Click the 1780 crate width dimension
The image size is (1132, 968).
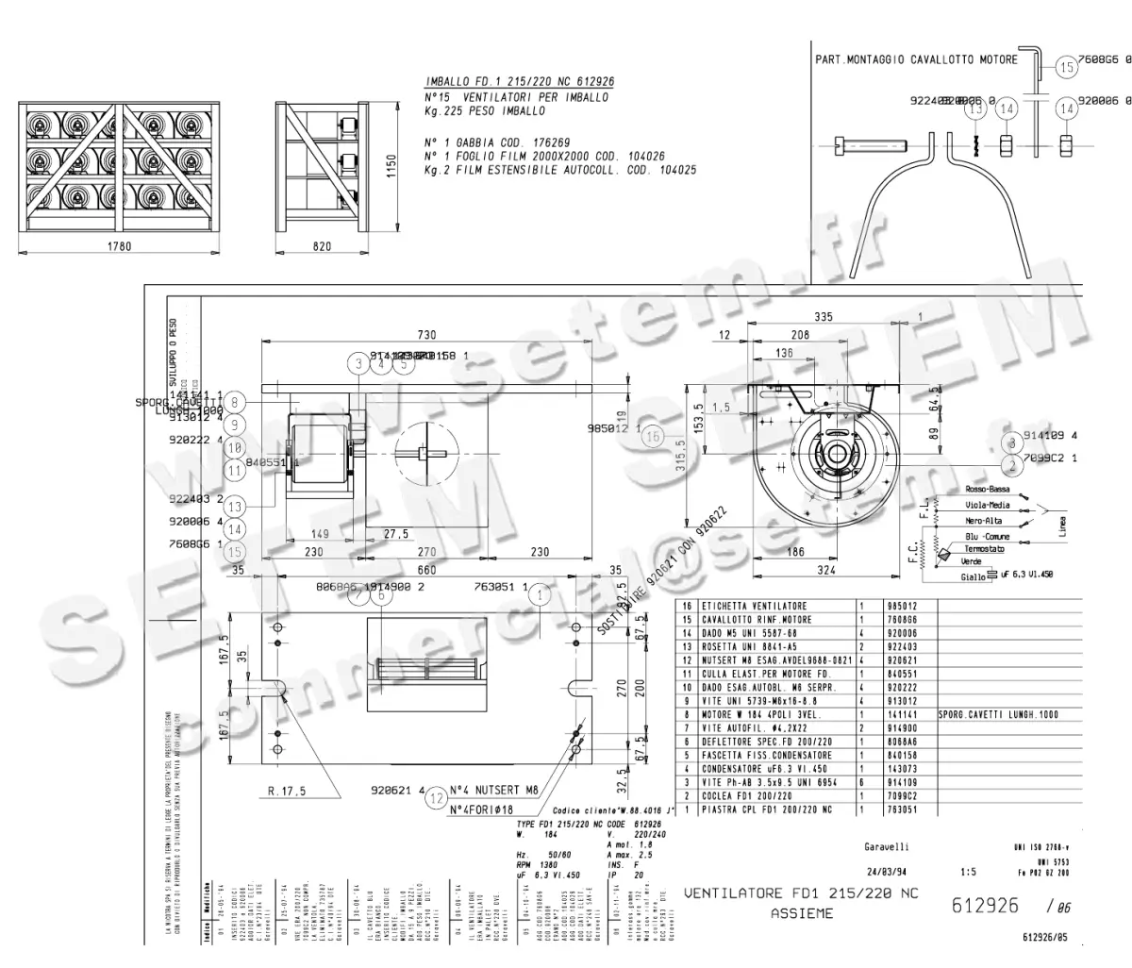(x=119, y=246)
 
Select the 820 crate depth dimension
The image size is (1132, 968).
(x=322, y=246)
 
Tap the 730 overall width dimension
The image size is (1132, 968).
(x=426, y=335)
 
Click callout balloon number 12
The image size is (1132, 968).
(x=435, y=798)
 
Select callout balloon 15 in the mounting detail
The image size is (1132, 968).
(x=1066, y=67)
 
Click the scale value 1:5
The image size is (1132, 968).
(x=967, y=872)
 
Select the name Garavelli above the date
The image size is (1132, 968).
(x=887, y=846)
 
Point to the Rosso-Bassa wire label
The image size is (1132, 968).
(x=988, y=490)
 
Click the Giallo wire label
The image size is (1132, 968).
(x=973, y=576)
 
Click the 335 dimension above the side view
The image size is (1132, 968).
(x=824, y=317)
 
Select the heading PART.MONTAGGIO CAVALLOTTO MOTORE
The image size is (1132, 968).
(x=916, y=59)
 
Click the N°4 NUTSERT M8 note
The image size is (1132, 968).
(x=493, y=791)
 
